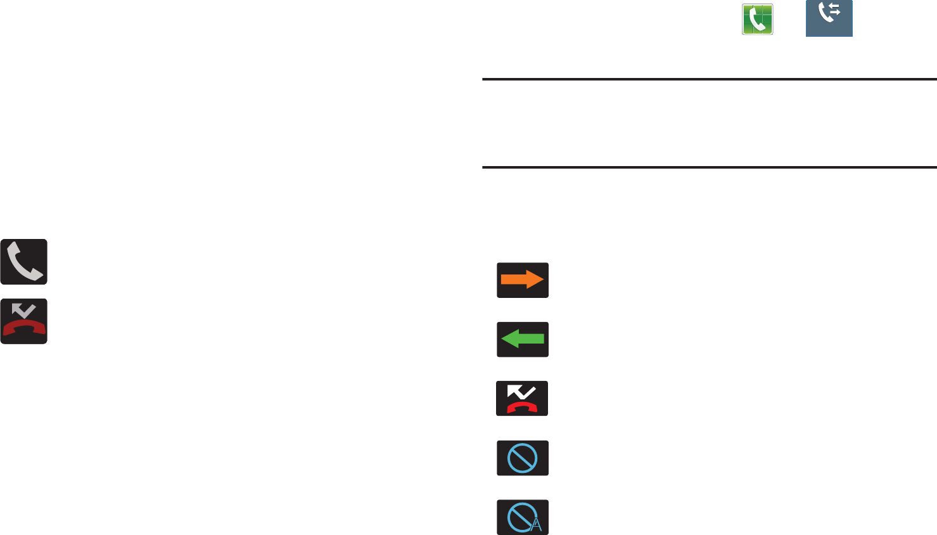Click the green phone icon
(x=758, y=19)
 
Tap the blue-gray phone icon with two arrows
(x=829, y=18)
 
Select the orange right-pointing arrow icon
(x=522, y=280)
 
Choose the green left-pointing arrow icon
(x=522, y=339)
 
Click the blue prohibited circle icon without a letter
(x=522, y=458)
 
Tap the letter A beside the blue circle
(x=537, y=525)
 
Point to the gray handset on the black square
(x=24, y=262)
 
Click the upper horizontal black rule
(x=709, y=80)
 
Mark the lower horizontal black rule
(x=709, y=168)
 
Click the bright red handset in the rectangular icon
(x=522, y=406)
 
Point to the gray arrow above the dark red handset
(x=24, y=311)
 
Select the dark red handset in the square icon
(x=24, y=327)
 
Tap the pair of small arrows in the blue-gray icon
(x=835, y=11)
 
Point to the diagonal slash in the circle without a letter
(x=522, y=458)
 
